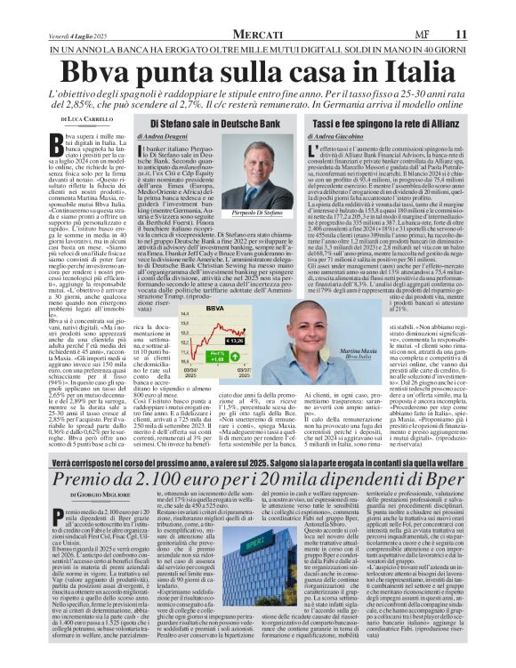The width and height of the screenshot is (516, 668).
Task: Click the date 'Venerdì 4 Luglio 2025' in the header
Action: pyautogui.click(x=84, y=34)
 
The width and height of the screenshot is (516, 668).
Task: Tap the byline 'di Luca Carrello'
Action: pyautogui.click(x=85, y=119)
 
